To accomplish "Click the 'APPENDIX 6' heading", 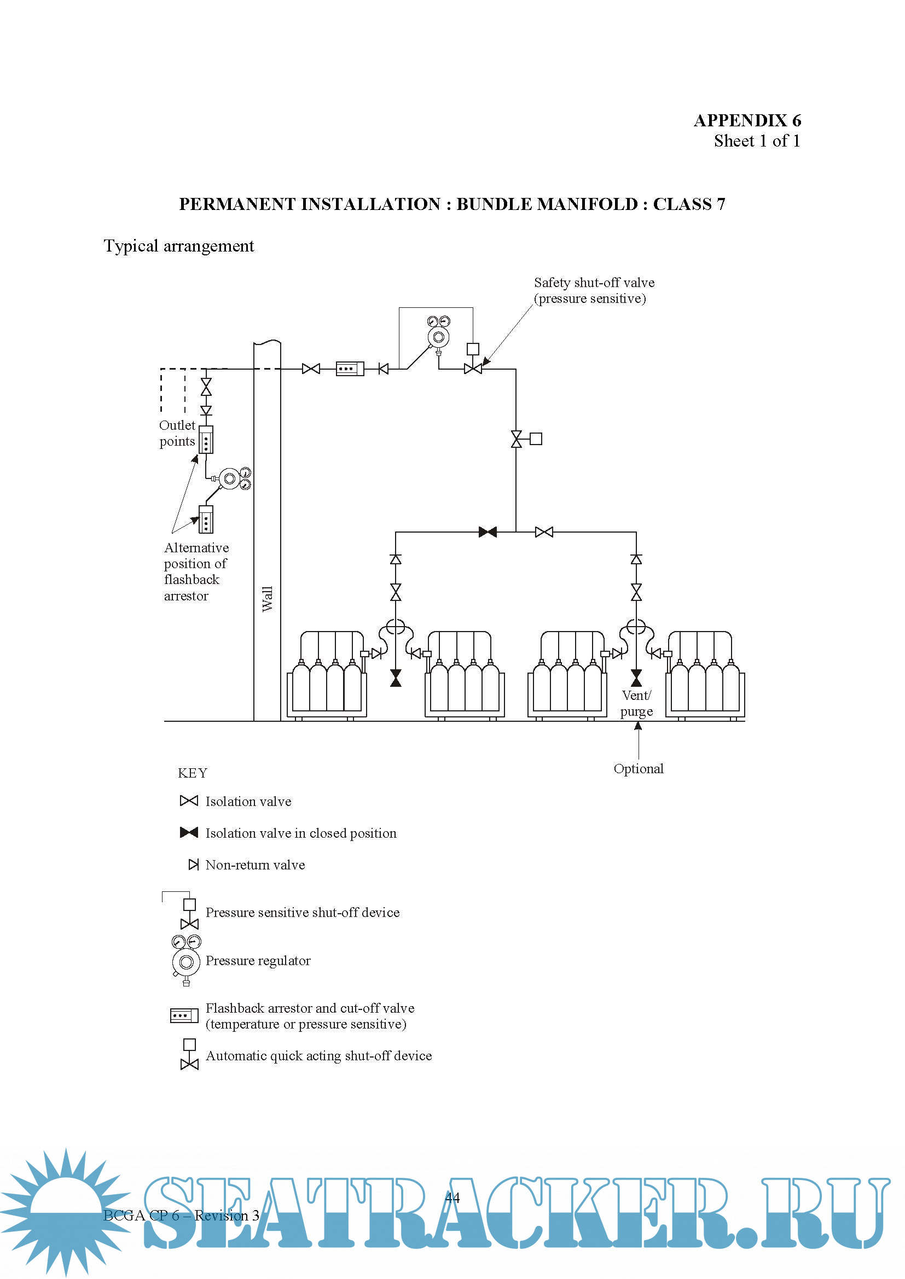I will [x=747, y=120].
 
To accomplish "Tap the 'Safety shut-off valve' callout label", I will [x=594, y=290].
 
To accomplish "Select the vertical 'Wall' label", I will [x=268, y=598].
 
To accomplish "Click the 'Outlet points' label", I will [x=177, y=433].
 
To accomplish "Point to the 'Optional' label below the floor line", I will [x=638, y=769].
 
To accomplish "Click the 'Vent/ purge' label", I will [x=636, y=703].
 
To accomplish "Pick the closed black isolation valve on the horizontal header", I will [x=488, y=532].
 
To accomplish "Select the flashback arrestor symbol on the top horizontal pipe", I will [x=350, y=369].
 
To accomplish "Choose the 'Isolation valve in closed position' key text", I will [x=301, y=833].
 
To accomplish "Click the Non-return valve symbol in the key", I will [x=193, y=865].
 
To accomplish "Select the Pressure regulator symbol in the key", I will [x=186, y=960].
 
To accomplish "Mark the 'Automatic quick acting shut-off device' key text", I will [x=319, y=1056].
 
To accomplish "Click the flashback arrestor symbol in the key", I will [x=184, y=1015].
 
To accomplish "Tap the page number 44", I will [x=452, y=1197].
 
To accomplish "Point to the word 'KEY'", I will [x=192, y=773].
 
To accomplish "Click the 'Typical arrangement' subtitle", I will [x=179, y=246].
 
